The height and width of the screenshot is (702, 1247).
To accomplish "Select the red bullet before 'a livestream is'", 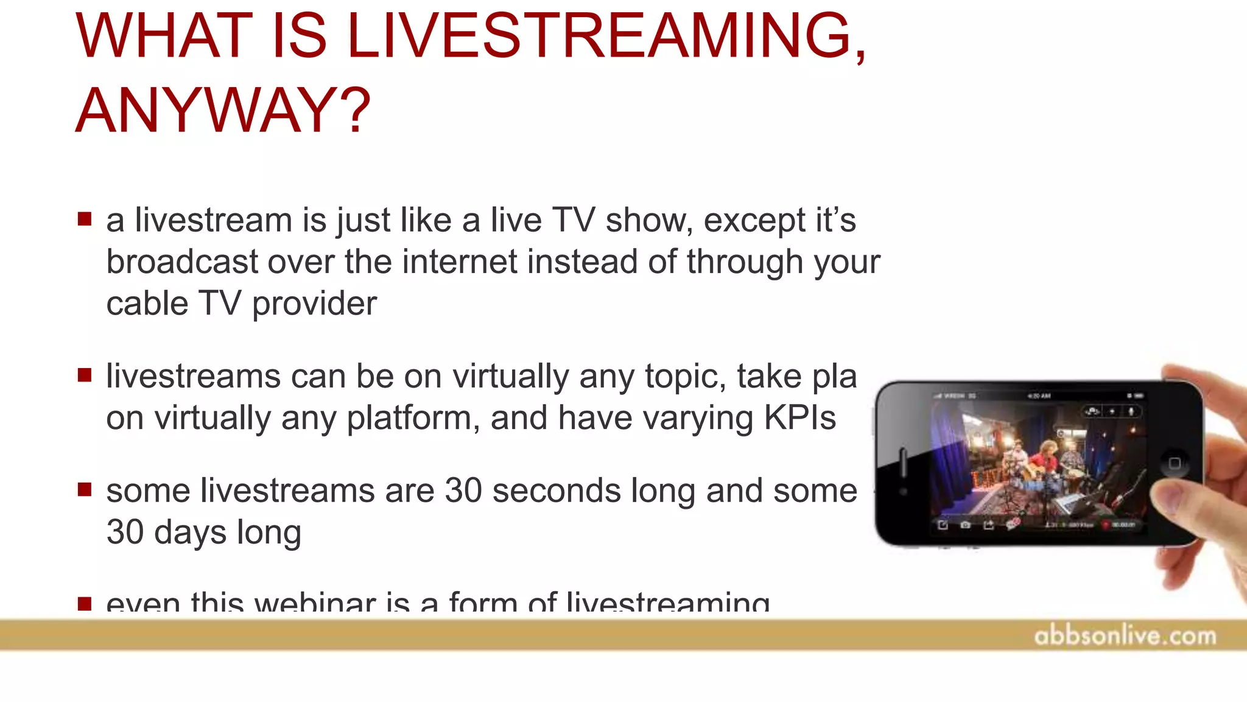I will coord(85,218).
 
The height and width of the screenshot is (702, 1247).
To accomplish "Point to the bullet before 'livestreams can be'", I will coord(85,374).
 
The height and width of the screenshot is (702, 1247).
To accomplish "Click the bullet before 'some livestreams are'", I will coord(85,489).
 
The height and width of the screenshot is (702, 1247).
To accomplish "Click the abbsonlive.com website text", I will coord(1125,636).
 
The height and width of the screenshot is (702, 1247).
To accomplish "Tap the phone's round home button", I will coord(1175,463).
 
